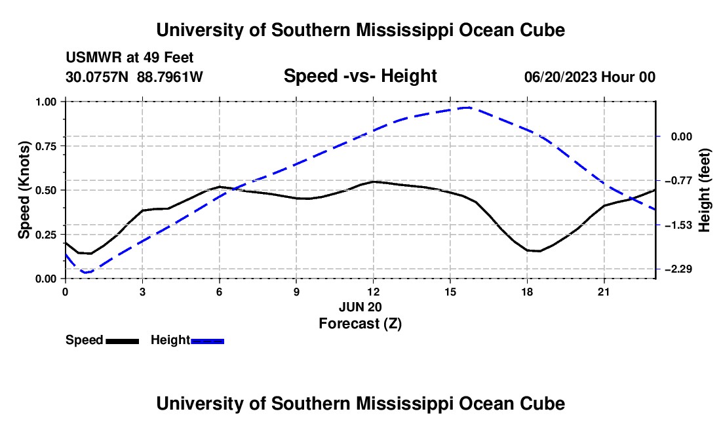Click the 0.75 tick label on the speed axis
coord(46,146)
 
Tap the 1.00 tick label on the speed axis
coord(46,102)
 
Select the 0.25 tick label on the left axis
coord(46,235)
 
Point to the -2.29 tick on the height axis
coord(678,269)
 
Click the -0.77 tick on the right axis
coord(678,181)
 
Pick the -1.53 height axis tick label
coord(678,225)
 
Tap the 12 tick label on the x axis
coord(374,292)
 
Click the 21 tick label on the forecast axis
coord(604,292)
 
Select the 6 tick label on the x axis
coord(220,292)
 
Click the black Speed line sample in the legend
coord(123,341)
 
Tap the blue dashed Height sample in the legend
coord(207,341)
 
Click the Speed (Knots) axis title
coord(24,190)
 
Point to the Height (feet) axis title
coord(704,190)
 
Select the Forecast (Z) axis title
coord(360,324)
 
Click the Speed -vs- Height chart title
coord(360,76)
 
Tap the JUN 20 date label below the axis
coord(360,307)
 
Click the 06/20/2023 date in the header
coord(560,77)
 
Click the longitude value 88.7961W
coord(170,77)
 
